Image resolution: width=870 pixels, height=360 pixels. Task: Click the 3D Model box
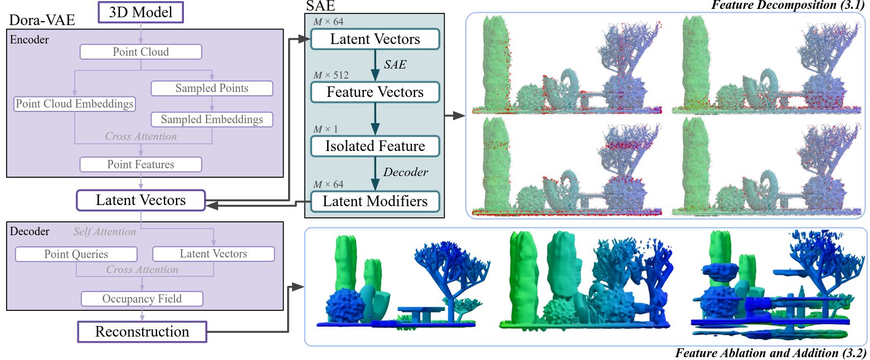pyautogui.click(x=140, y=12)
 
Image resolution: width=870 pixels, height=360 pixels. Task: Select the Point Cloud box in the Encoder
pyautogui.click(x=140, y=52)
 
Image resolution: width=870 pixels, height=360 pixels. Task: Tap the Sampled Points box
pyautogui.click(x=212, y=88)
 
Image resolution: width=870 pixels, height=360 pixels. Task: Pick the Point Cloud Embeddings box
pyautogui.click(x=75, y=104)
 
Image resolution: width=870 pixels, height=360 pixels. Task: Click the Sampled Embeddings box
pyautogui.click(x=212, y=119)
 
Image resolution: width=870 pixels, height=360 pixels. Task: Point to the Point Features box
pyautogui.click(x=140, y=164)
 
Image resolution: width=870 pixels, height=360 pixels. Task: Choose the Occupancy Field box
pyautogui.click(x=142, y=299)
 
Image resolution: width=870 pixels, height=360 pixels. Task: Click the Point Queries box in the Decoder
pyautogui.click(x=76, y=254)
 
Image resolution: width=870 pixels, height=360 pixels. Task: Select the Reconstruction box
pyautogui.click(x=142, y=332)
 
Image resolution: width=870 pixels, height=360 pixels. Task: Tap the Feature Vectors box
pyautogui.click(x=375, y=92)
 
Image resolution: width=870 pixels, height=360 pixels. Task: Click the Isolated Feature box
pyautogui.click(x=375, y=146)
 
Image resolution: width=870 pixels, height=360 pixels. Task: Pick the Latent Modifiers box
pyautogui.click(x=375, y=201)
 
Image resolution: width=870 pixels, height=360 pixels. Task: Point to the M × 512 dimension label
pyautogui.click(x=331, y=75)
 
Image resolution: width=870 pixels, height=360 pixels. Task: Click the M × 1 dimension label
pyautogui.click(x=325, y=129)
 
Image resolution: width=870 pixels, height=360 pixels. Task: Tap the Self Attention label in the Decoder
pyautogui.click(x=105, y=231)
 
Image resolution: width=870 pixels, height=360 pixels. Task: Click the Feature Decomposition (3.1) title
pyautogui.click(x=788, y=5)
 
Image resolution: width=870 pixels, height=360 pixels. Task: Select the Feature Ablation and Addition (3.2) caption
pyautogui.click(x=771, y=353)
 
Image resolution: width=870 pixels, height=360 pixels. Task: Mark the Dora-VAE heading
pyautogui.click(x=42, y=20)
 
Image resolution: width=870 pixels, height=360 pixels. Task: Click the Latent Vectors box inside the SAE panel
pyautogui.click(x=375, y=39)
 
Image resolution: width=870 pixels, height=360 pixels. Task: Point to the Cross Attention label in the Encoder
pyautogui.click(x=140, y=137)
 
